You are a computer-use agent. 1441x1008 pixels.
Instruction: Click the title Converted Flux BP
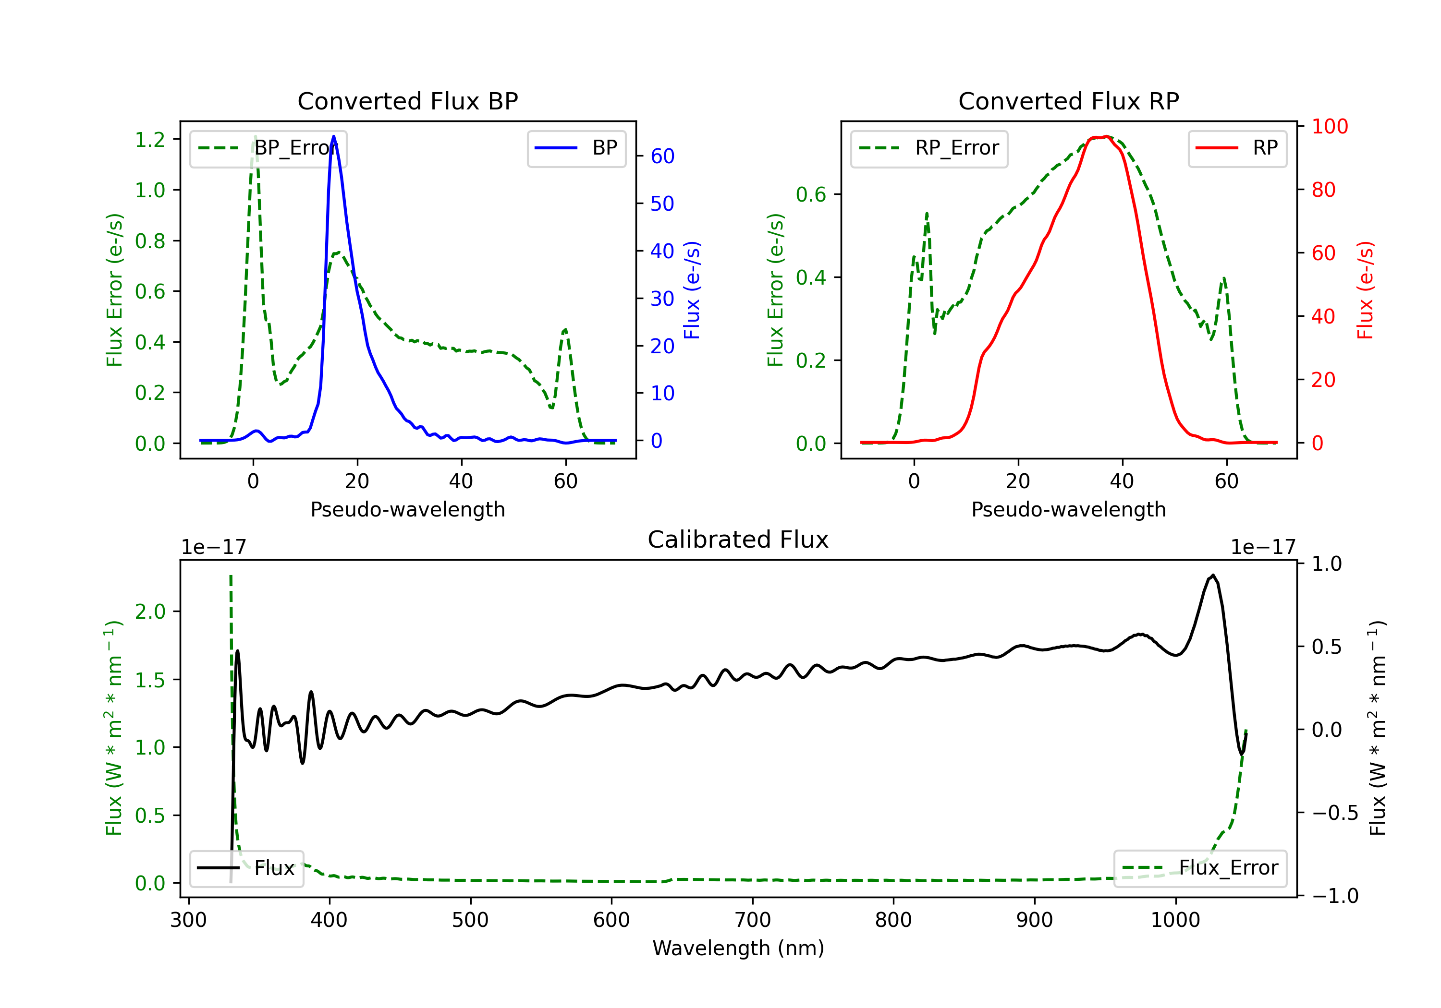[x=407, y=101]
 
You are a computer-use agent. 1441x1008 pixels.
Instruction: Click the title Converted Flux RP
[x=1068, y=101]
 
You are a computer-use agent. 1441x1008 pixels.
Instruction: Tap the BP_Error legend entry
[x=268, y=148]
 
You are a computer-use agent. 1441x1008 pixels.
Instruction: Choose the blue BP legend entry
[x=576, y=148]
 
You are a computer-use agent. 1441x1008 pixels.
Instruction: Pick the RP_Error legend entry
[x=929, y=148]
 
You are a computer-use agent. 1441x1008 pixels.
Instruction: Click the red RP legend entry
[x=1237, y=148]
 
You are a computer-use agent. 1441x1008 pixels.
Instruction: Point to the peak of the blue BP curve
[x=333, y=136]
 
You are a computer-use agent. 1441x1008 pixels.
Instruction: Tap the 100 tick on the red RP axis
[x=1329, y=127]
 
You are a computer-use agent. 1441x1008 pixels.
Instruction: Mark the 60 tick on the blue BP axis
[x=662, y=156]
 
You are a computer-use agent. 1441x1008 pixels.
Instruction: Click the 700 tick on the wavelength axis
[x=753, y=920]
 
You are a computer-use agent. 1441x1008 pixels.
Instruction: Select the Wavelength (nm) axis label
[x=738, y=948]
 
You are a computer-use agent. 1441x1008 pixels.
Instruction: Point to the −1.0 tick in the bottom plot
[x=1334, y=896]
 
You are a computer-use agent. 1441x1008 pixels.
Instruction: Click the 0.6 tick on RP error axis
[x=811, y=194]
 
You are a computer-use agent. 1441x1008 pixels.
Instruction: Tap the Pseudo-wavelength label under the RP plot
[x=1068, y=509]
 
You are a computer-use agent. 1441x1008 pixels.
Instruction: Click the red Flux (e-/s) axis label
[x=1365, y=290]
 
